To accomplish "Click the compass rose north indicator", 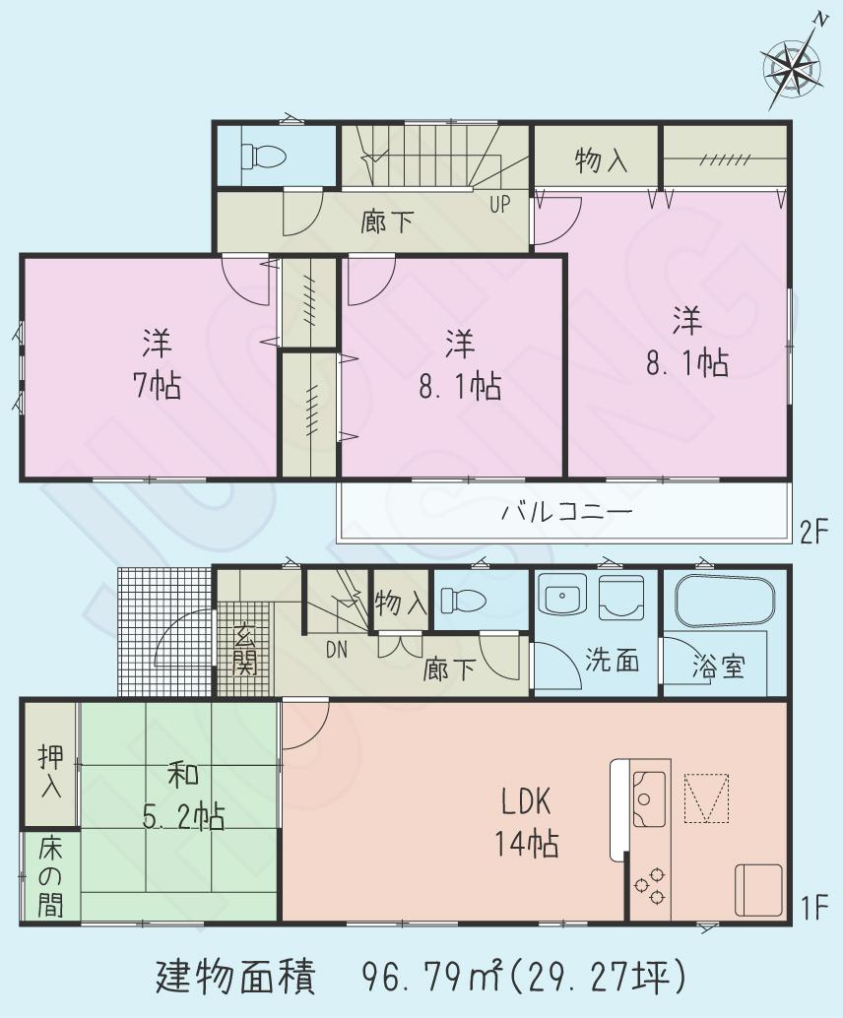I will (794, 66).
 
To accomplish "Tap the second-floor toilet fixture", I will (264, 156).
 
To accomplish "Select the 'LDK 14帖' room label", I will (524, 823).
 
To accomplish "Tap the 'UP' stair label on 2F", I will (500, 205).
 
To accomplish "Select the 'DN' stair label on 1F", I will (337, 648).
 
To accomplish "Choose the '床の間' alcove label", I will (48, 875).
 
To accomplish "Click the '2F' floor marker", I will (815, 533).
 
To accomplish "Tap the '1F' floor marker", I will (815, 904).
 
